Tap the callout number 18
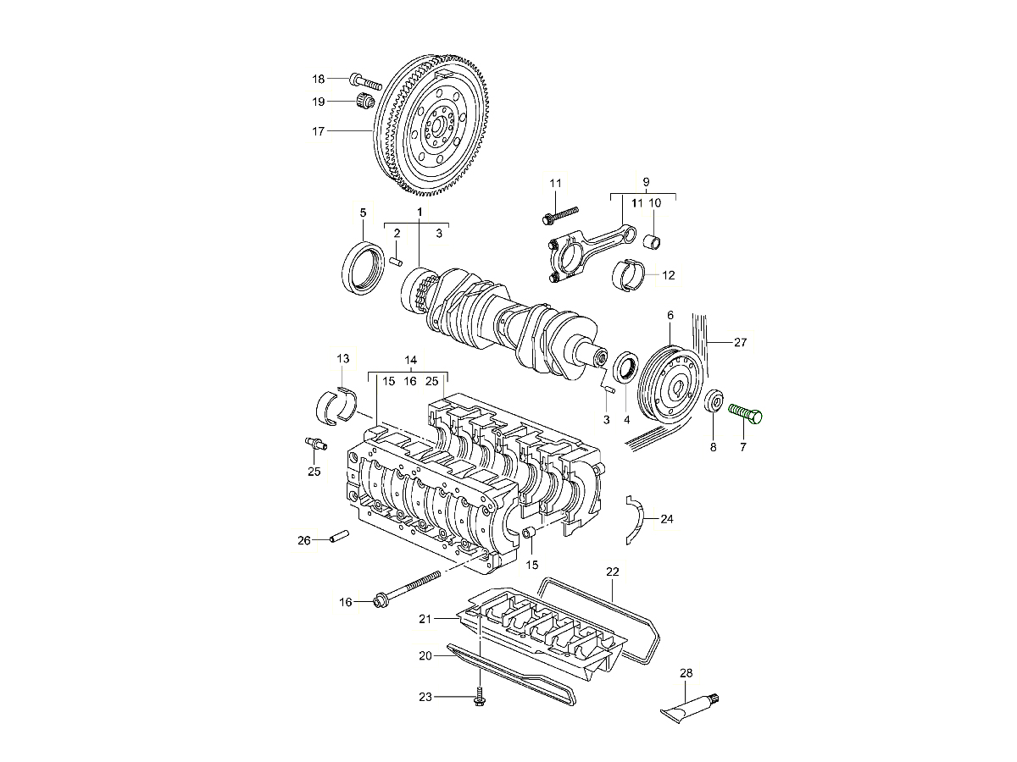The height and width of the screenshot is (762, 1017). [319, 79]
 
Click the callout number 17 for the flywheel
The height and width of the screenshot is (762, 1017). [319, 131]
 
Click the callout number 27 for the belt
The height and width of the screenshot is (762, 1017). [740, 343]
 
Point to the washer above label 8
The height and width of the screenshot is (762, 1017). [714, 400]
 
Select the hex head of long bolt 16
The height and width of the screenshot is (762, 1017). [379, 602]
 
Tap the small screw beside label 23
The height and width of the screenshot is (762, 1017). [479, 696]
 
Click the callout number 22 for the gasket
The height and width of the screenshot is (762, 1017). [613, 571]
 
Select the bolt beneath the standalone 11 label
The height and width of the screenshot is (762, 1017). [560, 213]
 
